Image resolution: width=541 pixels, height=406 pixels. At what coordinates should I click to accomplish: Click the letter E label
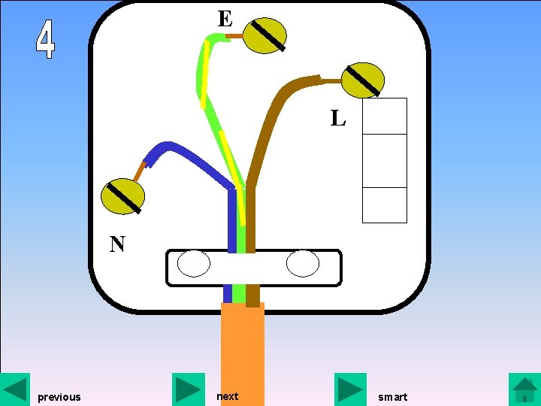point(225,18)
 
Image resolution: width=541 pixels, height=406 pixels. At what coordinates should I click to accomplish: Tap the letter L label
point(338,118)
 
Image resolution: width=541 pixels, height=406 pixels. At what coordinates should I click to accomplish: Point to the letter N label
point(117,244)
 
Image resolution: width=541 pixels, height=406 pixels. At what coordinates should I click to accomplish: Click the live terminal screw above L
point(363,80)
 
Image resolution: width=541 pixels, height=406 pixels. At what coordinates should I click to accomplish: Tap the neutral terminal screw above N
point(122,196)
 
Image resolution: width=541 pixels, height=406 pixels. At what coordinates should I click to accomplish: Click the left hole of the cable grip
point(193,265)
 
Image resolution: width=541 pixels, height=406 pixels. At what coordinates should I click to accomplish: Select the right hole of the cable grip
point(303,265)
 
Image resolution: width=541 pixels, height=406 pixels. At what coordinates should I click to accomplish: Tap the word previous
point(59,397)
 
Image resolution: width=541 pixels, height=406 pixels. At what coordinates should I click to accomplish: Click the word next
point(227,396)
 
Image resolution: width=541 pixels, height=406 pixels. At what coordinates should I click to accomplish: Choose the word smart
point(392,397)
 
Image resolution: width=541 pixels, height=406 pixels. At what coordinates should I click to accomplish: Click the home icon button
point(524,389)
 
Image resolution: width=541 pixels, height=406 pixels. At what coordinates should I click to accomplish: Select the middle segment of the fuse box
point(385,160)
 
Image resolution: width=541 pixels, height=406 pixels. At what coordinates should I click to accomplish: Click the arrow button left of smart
point(350,389)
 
